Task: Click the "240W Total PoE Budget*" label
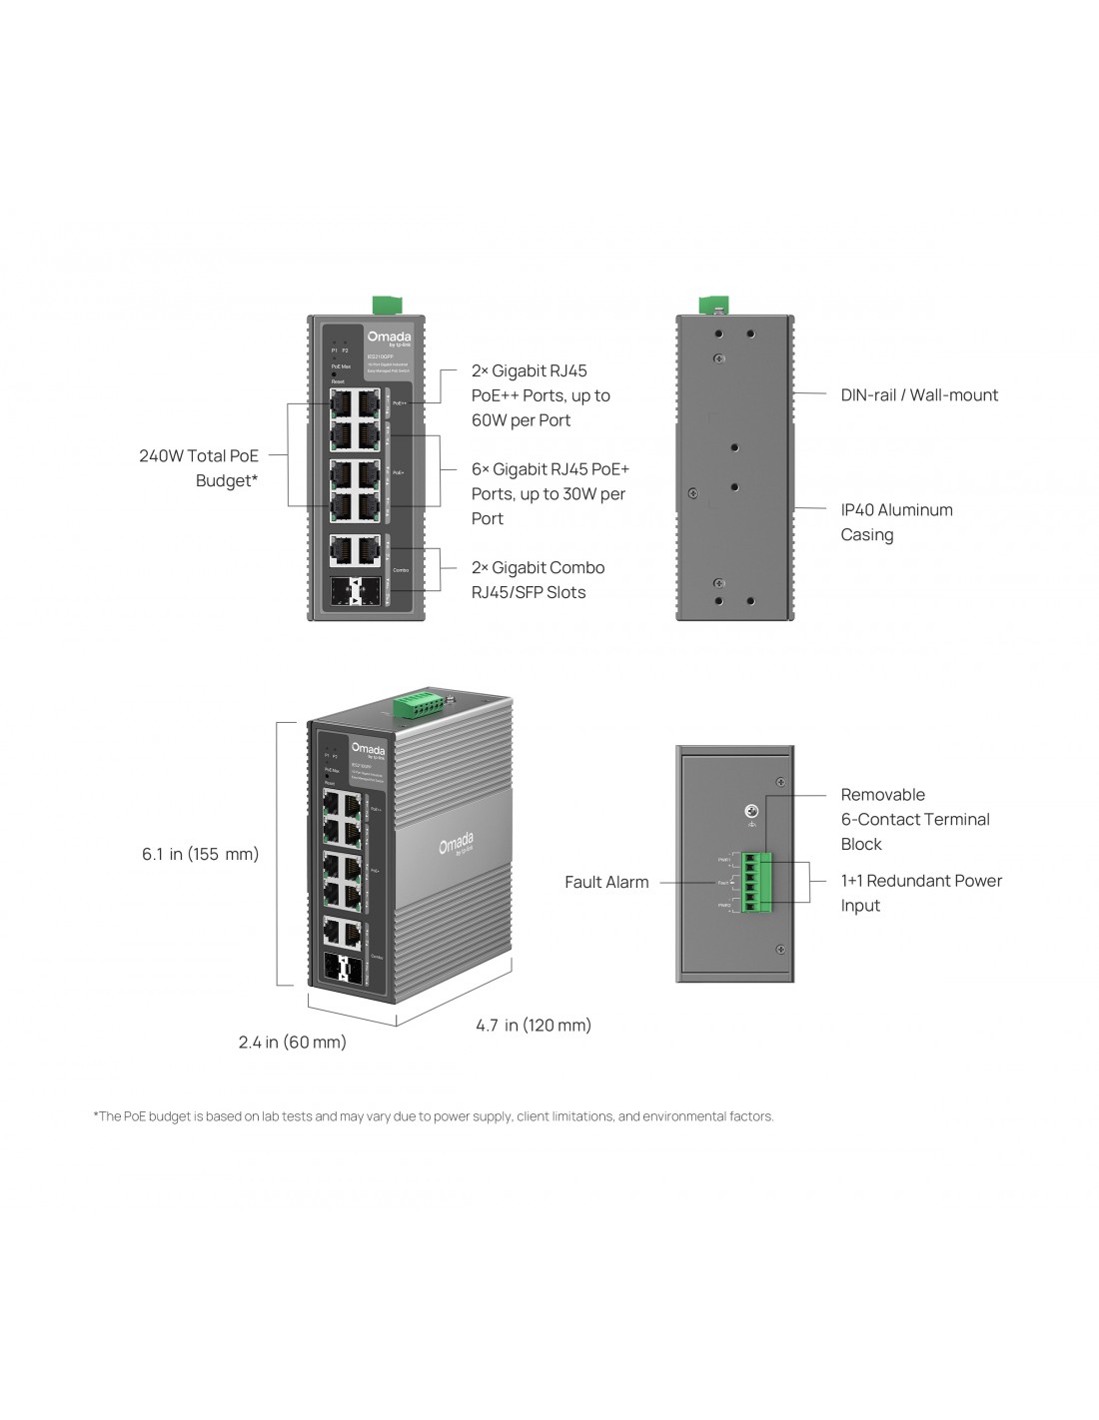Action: pyautogui.click(x=199, y=468)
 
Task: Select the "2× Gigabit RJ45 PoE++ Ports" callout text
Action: pyautogui.click(x=541, y=395)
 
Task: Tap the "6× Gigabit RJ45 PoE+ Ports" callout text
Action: pyautogui.click(x=549, y=493)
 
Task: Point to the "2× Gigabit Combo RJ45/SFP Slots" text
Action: pyautogui.click(x=538, y=580)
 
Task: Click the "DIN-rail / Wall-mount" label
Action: pyautogui.click(x=919, y=395)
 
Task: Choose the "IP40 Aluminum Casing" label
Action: pyautogui.click(x=896, y=522)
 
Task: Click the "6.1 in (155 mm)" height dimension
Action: pyautogui.click(x=200, y=854)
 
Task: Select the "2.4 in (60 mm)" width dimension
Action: pyautogui.click(x=292, y=1043)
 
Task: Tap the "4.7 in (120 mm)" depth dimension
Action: pyautogui.click(x=534, y=1026)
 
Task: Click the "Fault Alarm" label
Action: pyautogui.click(x=606, y=883)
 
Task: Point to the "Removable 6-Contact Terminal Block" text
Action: pyautogui.click(x=914, y=820)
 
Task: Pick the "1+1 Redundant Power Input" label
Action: pyautogui.click(x=920, y=893)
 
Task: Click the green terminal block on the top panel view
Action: pyautogui.click(x=756, y=882)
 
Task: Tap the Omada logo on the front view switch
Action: pyautogui.click(x=388, y=338)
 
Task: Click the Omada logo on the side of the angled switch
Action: pyautogui.click(x=457, y=845)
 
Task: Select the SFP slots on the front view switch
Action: pyautogui.click(x=356, y=590)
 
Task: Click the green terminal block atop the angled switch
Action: pyautogui.click(x=419, y=705)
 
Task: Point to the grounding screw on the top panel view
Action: pyautogui.click(x=751, y=812)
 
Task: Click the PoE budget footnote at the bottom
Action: pyautogui.click(x=434, y=1116)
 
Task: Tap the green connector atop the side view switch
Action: pyautogui.click(x=713, y=305)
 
